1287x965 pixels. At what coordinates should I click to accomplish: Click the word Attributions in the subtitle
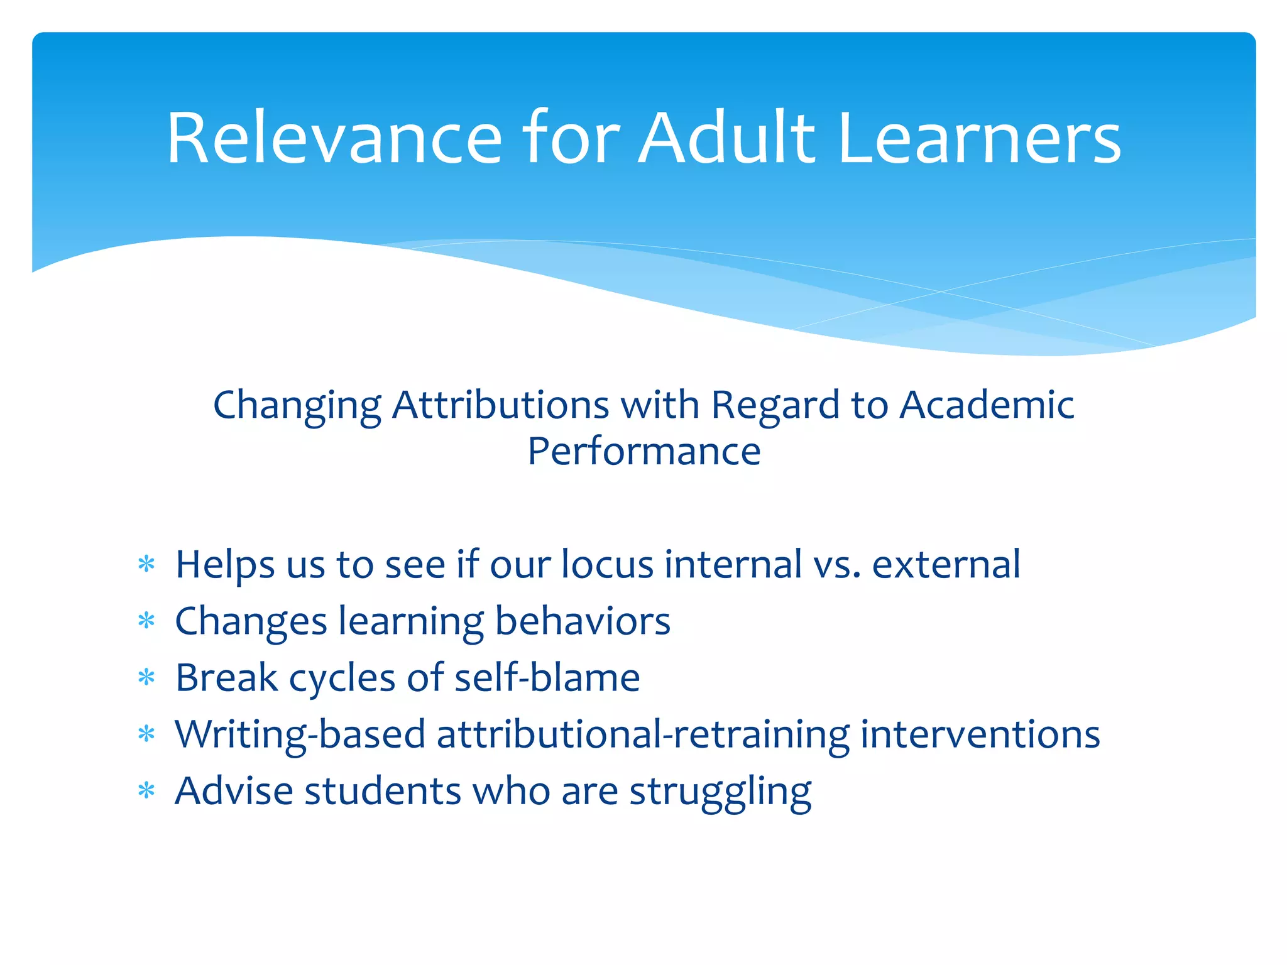click(500, 405)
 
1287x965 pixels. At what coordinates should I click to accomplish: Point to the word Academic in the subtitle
click(987, 405)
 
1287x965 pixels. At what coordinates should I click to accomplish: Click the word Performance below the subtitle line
click(643, 451)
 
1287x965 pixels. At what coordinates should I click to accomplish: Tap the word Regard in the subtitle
click(775, 405)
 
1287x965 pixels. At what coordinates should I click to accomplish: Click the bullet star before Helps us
click(146, 564)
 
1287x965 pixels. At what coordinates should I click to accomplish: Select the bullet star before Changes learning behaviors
click(146, 621)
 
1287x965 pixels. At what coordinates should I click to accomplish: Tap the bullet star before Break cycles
click(146, 678)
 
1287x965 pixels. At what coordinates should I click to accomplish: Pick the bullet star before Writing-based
click(146, 734)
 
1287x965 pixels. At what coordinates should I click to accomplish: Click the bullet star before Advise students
click(146, 790)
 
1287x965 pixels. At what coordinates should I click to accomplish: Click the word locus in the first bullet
click(608, 564)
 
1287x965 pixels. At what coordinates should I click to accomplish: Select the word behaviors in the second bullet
click(583, 621)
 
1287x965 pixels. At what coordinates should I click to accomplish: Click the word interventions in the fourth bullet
click(980, 734)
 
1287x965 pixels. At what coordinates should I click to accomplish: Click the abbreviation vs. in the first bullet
click(836, 564)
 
